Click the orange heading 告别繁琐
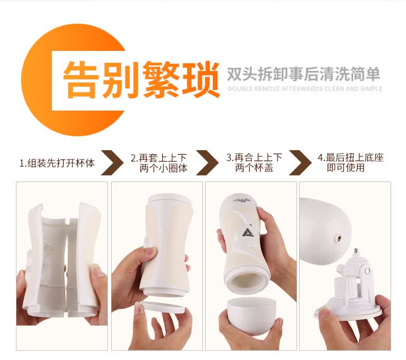point(141,80)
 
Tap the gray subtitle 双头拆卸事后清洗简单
point(304,74)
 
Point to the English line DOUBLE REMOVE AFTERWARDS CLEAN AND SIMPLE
point(305,88)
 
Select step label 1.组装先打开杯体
point(57,163)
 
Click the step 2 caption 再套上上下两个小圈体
point(159,163)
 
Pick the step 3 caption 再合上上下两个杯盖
point(254,163)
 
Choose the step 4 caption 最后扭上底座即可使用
point(350,163)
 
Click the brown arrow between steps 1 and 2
point(112,163)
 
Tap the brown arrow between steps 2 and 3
point(207,163)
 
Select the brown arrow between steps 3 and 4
point(300,163)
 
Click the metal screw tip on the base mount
point(356,251)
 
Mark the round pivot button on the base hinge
point(367,272)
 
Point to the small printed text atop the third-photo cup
point(242,200)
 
